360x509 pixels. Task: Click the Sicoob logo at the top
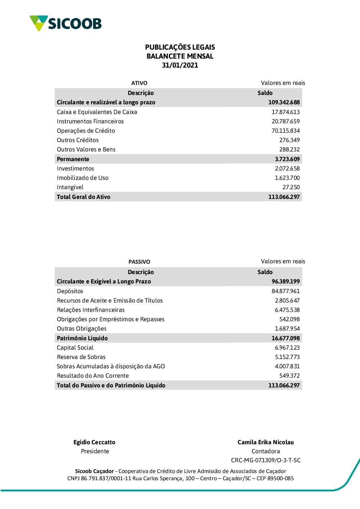tap(66, 23)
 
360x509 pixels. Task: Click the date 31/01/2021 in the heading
tap(180, 65)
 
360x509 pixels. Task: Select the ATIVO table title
tap(139, 83)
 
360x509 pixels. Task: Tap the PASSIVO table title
tap(139, 262)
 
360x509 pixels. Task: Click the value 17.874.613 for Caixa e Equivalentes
tap(285, 112)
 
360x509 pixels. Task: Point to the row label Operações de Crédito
tap(86, 131)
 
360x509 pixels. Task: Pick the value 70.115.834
tap(285, 131)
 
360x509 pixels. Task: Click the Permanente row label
tap(73, 159)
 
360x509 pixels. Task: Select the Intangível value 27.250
tap(291, 187)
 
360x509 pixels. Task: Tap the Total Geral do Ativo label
tap(84, 197)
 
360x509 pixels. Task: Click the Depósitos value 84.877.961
tap(285, 291)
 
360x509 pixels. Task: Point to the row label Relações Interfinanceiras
tap(91, 310)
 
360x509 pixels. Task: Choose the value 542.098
tap(289, 319)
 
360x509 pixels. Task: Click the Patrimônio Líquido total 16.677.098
tap(285, 338)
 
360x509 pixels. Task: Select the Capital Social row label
tap(75, 348)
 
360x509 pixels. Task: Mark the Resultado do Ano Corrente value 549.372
tap(289, 376)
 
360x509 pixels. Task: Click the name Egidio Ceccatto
tap(94, 442)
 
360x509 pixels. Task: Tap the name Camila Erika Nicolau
tap(266, 442)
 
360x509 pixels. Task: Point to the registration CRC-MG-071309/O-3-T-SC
tap(266, 460)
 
